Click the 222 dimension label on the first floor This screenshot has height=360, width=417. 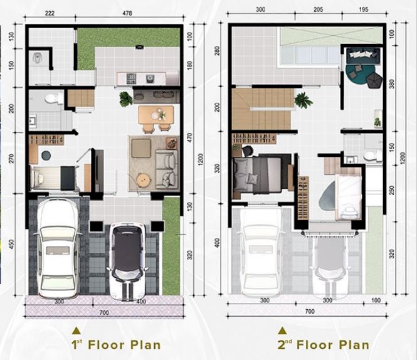tap(50, 13)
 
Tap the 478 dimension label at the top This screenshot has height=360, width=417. tap(127, 13)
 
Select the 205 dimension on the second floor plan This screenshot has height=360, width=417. tap(319, 9)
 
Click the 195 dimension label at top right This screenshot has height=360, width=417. tap(364, 9)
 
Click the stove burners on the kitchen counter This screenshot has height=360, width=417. tap(132, 78)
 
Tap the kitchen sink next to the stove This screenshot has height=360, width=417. tap(149, 78)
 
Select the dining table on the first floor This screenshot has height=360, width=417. tap(156, 115)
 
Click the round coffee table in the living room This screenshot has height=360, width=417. tap(144, 181)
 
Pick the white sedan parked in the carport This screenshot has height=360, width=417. tap(58, 248)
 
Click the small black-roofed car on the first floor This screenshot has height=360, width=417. tap(128, 262)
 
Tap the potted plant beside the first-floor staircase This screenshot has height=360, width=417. tap(125, 99)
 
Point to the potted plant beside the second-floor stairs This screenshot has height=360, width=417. tap(303, 100)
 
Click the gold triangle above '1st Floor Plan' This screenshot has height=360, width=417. tap(77, 331)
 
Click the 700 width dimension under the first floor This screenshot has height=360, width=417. tap(104, 312)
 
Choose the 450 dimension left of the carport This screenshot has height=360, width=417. tap(11, 244)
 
